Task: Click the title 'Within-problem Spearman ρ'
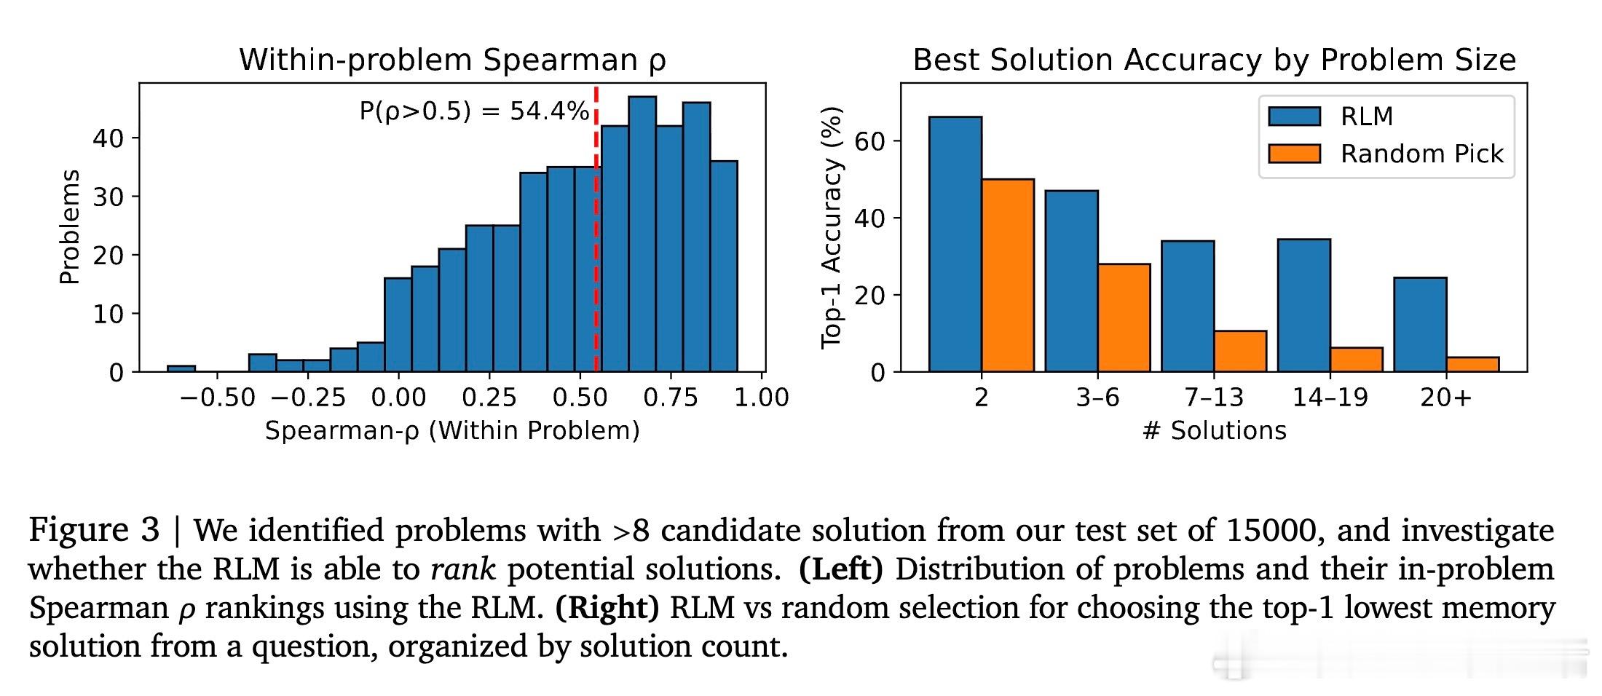[452, 60]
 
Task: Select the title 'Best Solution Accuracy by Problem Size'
[1214, 60]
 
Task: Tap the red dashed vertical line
[596, 229]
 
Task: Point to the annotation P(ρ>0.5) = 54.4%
[474, 111]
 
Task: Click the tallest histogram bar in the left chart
[642, 234]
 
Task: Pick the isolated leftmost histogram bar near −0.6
[181, 368]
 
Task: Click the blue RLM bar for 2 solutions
[955, 245]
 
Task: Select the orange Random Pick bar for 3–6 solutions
[1124, 318]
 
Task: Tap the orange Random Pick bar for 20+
[1472, 365]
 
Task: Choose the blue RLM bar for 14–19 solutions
[1303, 306]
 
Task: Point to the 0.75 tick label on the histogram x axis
[670, 398]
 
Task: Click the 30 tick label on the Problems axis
[108, 197]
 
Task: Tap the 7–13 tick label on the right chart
[1214, 398]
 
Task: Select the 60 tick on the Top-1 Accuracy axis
[870, 141]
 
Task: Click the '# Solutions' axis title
[1214, 431]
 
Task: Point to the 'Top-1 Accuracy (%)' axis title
[832, 228]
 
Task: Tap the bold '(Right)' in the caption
[607, 607]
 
